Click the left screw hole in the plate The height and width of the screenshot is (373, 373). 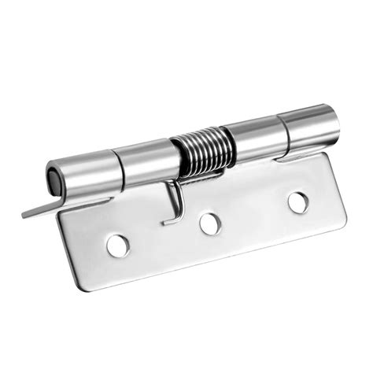(118, 245)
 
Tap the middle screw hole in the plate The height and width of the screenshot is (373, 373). (209, 223)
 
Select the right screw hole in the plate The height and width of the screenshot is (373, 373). (297, 201)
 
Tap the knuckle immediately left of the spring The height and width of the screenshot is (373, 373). (145, 161)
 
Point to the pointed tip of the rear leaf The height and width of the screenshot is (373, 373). (26, 214)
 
